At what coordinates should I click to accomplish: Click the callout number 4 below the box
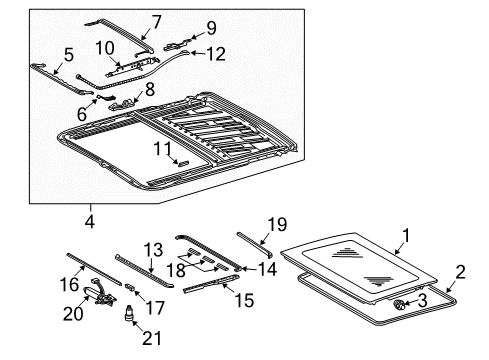point(90,222)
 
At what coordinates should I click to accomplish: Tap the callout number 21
point(152,338)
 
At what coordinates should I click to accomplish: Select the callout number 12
point(216,54)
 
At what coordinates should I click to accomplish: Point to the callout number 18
point(176,270)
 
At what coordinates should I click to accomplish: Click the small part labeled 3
point(399,304)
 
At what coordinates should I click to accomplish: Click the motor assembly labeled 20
point(99,293)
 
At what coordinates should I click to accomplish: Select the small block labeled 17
point(129,287)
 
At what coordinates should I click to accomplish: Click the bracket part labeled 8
point(122,104)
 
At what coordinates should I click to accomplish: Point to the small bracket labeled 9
point(177,46)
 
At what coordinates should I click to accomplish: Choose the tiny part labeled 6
point(106,97)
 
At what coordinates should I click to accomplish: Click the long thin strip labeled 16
point(94,269)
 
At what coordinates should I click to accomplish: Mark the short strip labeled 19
point(255,245)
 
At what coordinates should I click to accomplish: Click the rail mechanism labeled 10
point(133,67)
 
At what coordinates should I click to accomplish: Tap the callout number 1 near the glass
point(406,236)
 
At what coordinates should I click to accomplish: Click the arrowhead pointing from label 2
point(448,290)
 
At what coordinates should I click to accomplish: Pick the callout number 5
point(68,54)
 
